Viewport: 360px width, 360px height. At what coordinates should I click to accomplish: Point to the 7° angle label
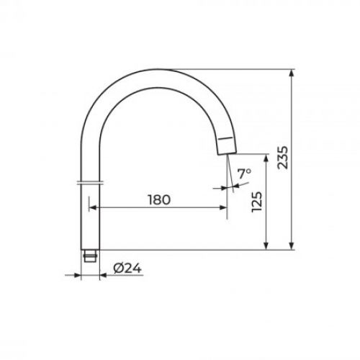tap(244, 174)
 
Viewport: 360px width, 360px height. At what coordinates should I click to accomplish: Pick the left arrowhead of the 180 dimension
tap(93, 207)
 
